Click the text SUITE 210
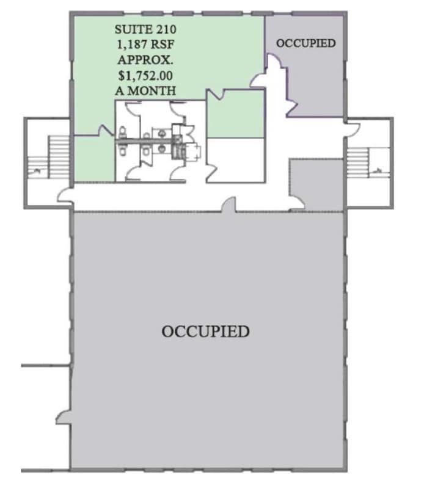coord(145,29)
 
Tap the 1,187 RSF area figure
coord(145,44)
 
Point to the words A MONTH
coord(145,90)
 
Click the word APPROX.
coord(145,59)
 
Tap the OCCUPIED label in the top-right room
coord(305,43)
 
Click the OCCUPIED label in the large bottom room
coord(205,332)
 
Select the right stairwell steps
coord(356,161)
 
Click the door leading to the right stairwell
coord(352,129)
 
